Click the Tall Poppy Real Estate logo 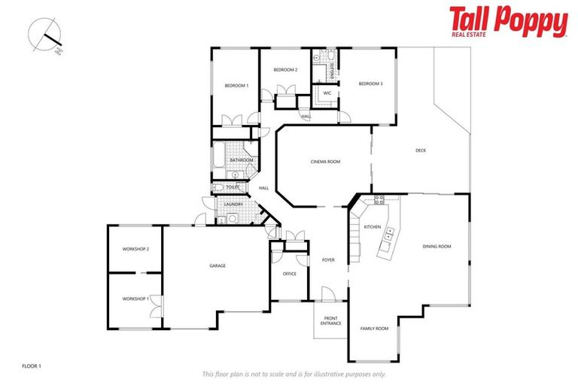pos(508,22)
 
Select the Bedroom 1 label pos(236,86)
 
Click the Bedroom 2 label pos(285,70)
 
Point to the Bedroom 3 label pos(370,83)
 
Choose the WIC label pos(327,92)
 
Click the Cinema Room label pos(325,162)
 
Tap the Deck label pos(421,150)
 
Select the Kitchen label pos(373,226)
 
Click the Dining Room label pos(437,246)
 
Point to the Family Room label pos(374,328)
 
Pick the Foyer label pos(328,260)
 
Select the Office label pos(289,274)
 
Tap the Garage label pos(218,265)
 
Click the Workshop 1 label pos(136,299)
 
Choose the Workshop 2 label pos(136,249)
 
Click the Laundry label pos(233,204)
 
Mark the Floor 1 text pos(32,365)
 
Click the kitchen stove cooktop pos(379,200)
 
